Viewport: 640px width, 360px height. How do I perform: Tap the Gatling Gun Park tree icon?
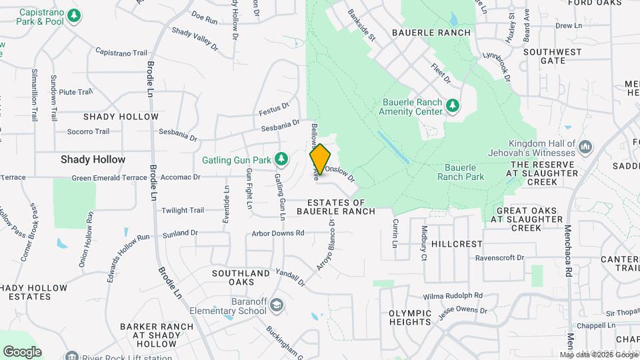point(281,159)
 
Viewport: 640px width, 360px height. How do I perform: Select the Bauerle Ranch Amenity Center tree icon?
point(453,106)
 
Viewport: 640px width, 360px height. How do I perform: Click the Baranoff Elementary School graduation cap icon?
point(276,305)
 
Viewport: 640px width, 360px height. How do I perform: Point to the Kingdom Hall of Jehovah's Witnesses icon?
point(587,146)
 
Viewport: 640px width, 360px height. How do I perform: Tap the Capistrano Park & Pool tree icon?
point(75,15)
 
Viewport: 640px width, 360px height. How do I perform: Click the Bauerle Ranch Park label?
point(460,172)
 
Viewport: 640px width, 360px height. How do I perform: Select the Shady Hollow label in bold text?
point(93,159)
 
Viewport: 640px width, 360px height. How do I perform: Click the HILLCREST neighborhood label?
point(457,244)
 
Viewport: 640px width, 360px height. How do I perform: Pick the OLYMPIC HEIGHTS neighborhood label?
point(409,317)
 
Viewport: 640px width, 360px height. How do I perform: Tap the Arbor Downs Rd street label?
point(278,233)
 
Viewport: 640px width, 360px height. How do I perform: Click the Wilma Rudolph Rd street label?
point(453,295)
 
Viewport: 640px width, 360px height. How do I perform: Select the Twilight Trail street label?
point(183,210)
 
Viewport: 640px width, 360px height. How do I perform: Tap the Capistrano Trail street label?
point(121,52)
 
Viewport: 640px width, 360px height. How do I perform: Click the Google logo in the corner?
point(22,351)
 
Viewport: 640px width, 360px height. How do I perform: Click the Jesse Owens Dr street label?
point(463,310)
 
